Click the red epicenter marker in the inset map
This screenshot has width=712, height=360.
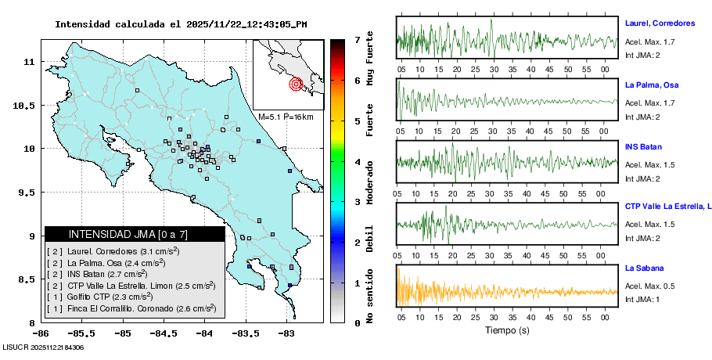[296, 84]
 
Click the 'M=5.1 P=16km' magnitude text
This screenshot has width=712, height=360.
[286, 117]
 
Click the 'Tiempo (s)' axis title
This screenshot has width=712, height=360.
[507, 330]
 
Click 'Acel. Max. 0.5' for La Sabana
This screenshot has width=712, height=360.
[649, 286]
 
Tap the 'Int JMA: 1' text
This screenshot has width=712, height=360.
[642, 300]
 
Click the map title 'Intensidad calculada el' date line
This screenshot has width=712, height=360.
[181, 24]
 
